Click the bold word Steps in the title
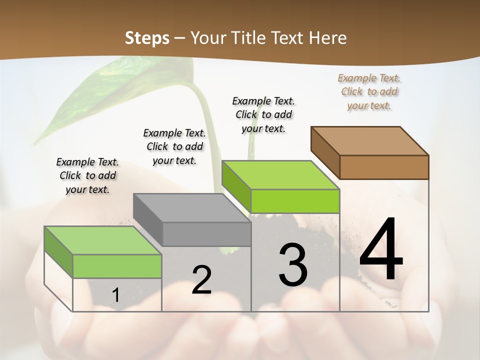click(147, 38)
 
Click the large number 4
click(381, 250)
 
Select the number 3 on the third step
click(293, 264)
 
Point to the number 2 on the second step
click(201, 280)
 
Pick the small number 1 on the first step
click(115, 295)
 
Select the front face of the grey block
click(206, 234)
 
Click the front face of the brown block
click(384, 167)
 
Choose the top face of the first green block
click(103, 240)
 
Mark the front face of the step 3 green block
click(295, 201)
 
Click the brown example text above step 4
click(369, 91)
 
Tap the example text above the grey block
click(174, 146)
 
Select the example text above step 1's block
click(87, 175)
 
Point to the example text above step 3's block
click(263, 114)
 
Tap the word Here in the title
click(328, 38)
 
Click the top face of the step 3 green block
click(280, 174)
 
